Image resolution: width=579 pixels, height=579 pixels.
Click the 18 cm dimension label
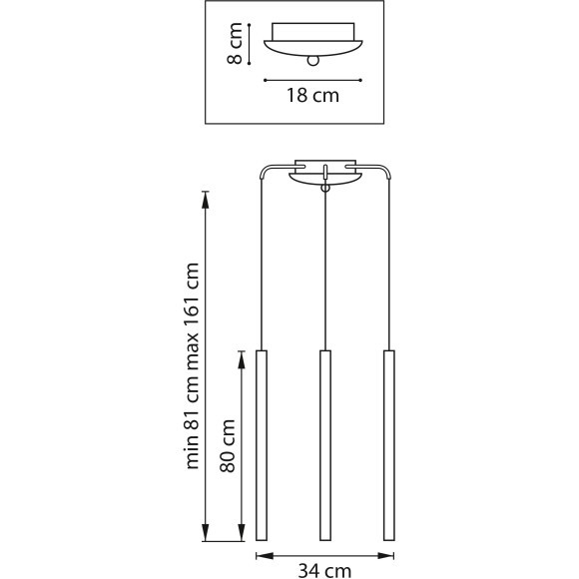[312, 97]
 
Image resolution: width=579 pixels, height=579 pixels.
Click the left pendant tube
[263, 445]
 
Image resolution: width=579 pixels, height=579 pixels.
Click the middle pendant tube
[324, 445]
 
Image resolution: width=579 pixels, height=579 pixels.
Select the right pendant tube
[387, 445]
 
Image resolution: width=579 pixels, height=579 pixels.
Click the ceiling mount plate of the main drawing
[324, 171]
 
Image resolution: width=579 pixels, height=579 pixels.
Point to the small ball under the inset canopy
[313, 61]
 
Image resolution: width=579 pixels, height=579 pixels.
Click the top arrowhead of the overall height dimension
[206, 198]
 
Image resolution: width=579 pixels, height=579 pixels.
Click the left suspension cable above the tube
[262, 270]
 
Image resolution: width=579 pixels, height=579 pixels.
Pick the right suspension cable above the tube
[387, 270]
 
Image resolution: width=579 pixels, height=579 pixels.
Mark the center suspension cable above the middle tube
[324, 270]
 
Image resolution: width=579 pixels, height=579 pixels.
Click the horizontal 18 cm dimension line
[312, 79]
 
